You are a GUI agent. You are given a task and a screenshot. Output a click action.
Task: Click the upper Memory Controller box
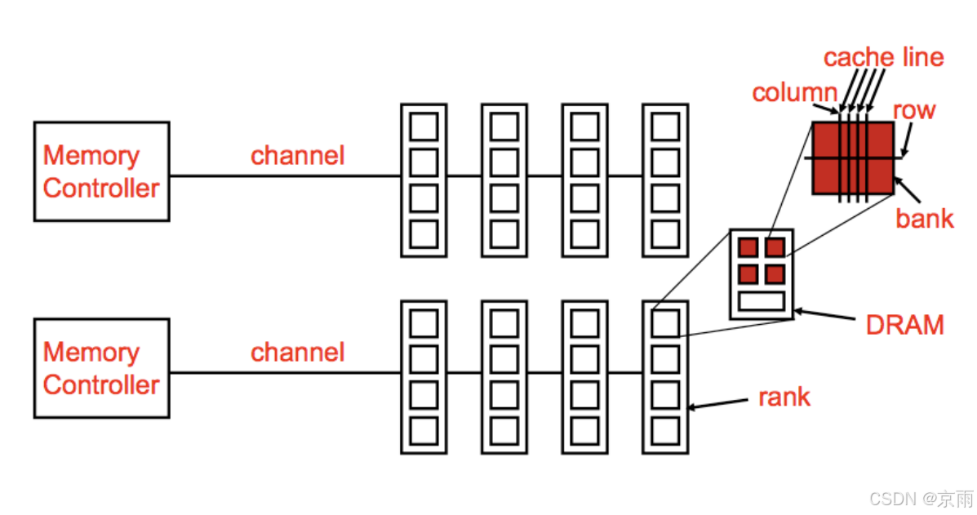pyautogui.click(x=101, y=171)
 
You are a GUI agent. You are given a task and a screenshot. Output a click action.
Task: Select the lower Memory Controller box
pyautogui.click(x=101, y=368)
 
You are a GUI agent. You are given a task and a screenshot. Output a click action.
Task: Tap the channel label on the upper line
pyautogui.click(x=297, y=155)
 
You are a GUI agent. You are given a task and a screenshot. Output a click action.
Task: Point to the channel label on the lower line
pyautogui.click(x=297, y=352)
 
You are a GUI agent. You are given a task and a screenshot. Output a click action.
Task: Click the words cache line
pyautogui.click(x=883, y=57)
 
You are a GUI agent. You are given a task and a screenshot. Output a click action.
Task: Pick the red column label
pyautogui.click(x=794, y=93)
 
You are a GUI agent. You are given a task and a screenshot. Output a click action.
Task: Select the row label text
pyautogui.click(x=913, y=110)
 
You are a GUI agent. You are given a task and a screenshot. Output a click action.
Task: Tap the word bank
pyautogui.click(x=924, y=218)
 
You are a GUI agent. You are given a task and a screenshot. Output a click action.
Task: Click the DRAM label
pyautogui.click(x=904, y=325)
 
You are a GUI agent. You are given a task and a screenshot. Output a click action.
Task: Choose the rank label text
pyautogui.click(x=784, y=397)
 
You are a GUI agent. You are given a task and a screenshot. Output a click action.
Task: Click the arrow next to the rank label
pyautogui.click(x=719, y=403)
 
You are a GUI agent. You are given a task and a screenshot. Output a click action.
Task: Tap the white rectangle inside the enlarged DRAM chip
pyautogui.click(x=761, y=301)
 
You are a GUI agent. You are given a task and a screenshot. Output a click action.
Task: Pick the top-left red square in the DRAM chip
pyautogui.click(x=748, y=247)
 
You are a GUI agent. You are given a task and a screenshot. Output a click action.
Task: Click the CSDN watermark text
pyautogui.click(x=921, y=499)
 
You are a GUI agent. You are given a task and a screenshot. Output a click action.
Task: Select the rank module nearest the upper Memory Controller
pyautogui.click(x=423, y=180)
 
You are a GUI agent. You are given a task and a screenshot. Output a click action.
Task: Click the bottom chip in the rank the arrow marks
pyautogui.click(x=665, y=430)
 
